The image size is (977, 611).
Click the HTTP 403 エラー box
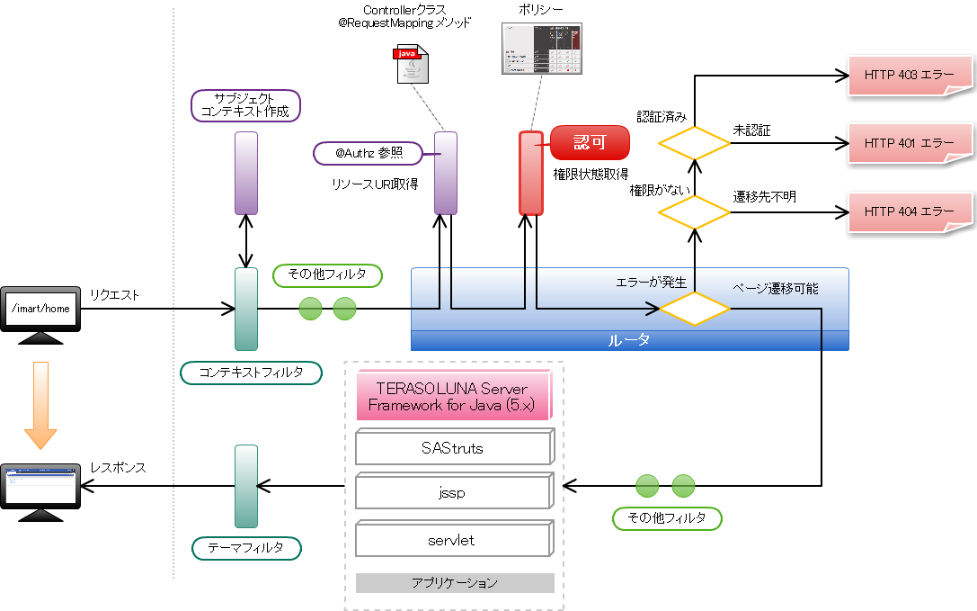[910, 76]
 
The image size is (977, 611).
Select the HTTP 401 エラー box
[910, 143]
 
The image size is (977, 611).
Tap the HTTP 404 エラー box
[910, 211]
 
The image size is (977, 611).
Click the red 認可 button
[590, 142]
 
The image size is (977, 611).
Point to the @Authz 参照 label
[369, 154]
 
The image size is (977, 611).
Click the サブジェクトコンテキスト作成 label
[245, 105]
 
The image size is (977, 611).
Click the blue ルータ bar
[629, 341]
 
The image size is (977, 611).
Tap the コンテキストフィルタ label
[251, 373]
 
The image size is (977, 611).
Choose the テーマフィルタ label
[245, 547]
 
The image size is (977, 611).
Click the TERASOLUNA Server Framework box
[452, 396]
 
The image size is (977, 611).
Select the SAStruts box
[452, 447]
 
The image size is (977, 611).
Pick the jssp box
[452, 493]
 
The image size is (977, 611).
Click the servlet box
[452, 540]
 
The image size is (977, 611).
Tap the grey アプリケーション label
[454, 583]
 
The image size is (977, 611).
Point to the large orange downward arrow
[40, 405]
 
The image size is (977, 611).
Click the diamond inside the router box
[695, 309]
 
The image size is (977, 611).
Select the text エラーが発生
[651, 283]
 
